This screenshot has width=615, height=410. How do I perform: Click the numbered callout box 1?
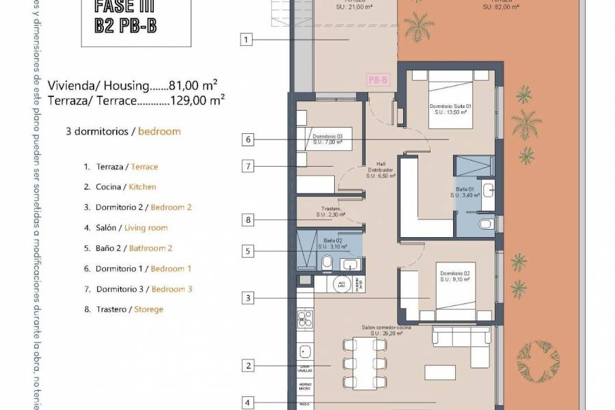click(x=247, y=40)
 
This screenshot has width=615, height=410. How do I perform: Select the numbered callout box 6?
click(x=247, y=140)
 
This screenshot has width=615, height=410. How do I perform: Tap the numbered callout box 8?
click(x=247, y=220)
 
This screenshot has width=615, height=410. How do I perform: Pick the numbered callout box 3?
click(x=247, y=298)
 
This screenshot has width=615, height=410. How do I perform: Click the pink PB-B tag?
click(x=379, y=81)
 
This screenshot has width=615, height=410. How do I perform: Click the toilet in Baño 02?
click(x=327, y=262)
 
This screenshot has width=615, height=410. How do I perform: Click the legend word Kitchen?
click(x=142, y=187)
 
